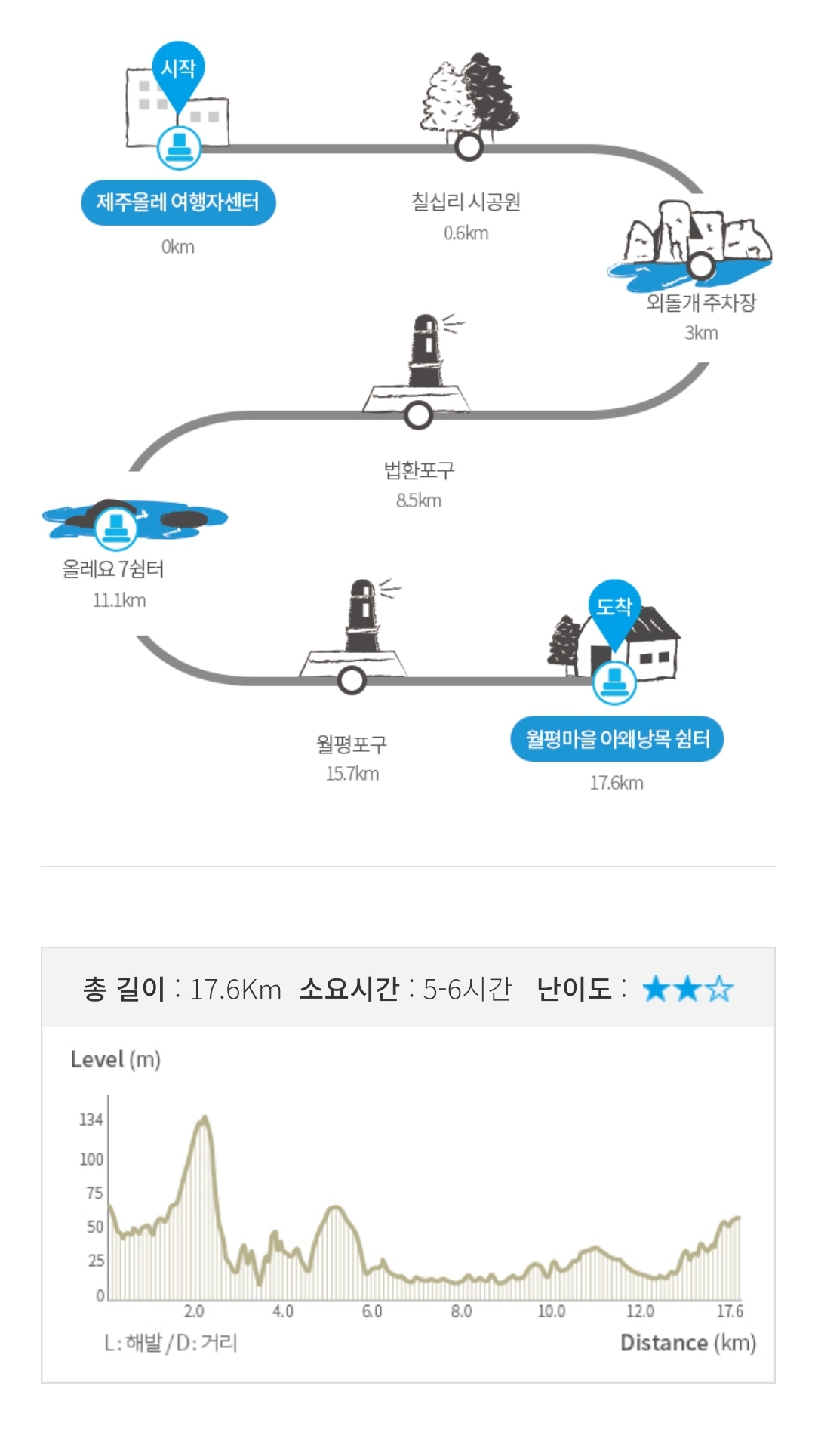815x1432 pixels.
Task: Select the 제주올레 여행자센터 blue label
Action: click(178, 202)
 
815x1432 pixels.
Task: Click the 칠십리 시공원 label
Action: click(466, 202)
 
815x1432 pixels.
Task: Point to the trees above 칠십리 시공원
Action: click(470, 94)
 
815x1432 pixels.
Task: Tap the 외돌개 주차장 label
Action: click(701, 303)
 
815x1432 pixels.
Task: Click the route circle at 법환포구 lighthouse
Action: click(418, 414)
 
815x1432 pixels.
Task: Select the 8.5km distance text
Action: click(419, 500)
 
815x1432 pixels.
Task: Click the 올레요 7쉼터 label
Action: click(113, 569)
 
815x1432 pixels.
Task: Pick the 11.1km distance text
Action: click(119, 601)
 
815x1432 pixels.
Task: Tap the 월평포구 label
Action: click(352, 744)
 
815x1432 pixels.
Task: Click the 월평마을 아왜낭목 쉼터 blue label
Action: click(617, 738)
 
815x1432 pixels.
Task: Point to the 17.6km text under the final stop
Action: click(617, 783)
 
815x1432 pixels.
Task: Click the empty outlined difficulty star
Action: click(720, 989)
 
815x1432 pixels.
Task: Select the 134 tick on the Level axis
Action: click(91, 1119)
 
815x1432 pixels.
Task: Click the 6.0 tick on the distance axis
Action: click(372, 1311)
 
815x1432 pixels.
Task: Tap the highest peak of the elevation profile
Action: click(204, 1119)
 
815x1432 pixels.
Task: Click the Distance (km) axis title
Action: click(687, 1343)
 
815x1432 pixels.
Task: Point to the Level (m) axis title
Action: click(115, 1060)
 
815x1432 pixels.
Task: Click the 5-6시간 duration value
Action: click(467, 989)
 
